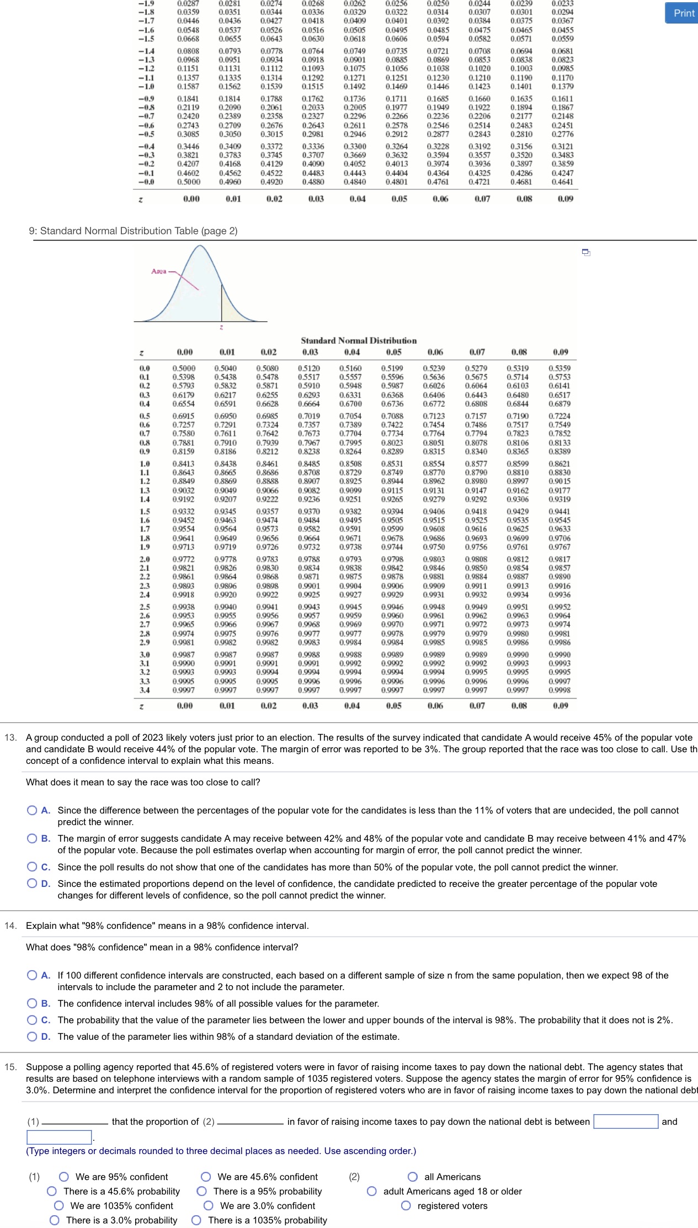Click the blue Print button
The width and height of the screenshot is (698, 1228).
(683, 13)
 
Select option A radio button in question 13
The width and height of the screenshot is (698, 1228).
(33, 810)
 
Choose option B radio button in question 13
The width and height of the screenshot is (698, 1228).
(33, 838)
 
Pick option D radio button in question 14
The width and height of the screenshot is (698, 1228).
(33, 1036)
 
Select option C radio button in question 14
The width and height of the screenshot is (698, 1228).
(33, 1020)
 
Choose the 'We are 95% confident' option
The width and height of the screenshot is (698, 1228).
(64, 1177)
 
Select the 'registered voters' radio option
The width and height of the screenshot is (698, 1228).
(406, 1205)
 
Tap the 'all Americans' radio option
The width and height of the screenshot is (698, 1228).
(413, 1177)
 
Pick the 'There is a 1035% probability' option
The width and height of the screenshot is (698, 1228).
(196, 1220)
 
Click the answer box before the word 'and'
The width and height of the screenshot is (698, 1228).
(625, 1121)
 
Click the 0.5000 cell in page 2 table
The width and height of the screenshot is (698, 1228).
(184, 368)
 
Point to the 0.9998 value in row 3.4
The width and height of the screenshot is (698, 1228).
(560, 690)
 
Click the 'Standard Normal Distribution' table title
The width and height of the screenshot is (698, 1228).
(359, 341)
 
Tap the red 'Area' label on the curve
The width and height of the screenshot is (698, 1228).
(158, 271)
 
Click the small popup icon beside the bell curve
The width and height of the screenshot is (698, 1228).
(586, 252)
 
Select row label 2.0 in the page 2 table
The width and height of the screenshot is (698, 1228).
(145, 559)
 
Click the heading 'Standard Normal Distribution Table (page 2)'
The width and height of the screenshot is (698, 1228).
(133, 231)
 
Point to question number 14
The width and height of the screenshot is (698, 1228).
(10, 926)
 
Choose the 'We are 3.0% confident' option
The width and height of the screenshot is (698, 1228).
(209, 1205)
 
